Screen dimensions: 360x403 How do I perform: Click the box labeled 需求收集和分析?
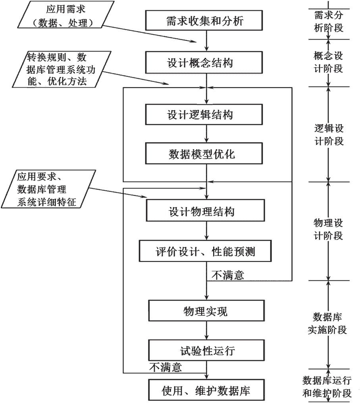(204, 21)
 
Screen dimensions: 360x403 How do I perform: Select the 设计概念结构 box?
(204, 62)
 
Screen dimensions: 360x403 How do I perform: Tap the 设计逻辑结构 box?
(204, 114)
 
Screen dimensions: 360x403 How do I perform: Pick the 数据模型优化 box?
(204, 154)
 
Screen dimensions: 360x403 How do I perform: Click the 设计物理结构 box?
(206, 211)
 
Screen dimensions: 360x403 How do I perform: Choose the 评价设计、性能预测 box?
(205, 251)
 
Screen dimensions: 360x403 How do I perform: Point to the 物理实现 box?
(206, 311)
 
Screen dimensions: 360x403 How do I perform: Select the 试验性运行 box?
(206, 350)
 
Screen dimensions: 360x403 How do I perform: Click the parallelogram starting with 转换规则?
(62, 69)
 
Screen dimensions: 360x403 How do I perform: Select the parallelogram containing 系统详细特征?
(48, 189)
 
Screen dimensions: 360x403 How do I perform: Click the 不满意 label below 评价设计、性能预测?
(227, 275)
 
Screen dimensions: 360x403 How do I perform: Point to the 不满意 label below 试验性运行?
(166, 367)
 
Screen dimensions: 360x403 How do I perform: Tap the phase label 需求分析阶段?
(329, 21)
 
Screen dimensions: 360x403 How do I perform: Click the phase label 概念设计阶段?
(328, 62)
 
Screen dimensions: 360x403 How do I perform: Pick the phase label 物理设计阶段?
(328, 229)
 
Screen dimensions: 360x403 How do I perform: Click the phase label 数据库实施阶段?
(327, 323)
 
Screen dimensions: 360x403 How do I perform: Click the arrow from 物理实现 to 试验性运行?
(206, 330)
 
